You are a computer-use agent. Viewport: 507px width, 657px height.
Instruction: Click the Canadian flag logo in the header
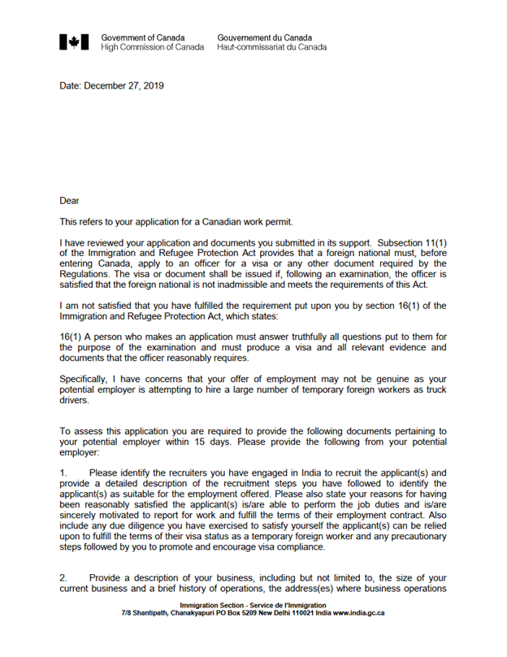[74, 42]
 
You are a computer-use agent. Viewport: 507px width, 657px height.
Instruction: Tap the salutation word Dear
[70, 200]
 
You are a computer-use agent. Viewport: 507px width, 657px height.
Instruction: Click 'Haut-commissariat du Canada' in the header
[271, 47]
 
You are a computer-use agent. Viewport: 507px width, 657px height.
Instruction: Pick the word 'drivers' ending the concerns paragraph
[75, 401]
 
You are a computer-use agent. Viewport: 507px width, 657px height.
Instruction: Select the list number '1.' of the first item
[63, 473]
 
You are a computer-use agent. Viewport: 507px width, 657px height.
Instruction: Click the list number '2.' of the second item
[63, 577]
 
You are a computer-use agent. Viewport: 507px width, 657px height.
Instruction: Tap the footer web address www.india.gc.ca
[358, 612]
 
